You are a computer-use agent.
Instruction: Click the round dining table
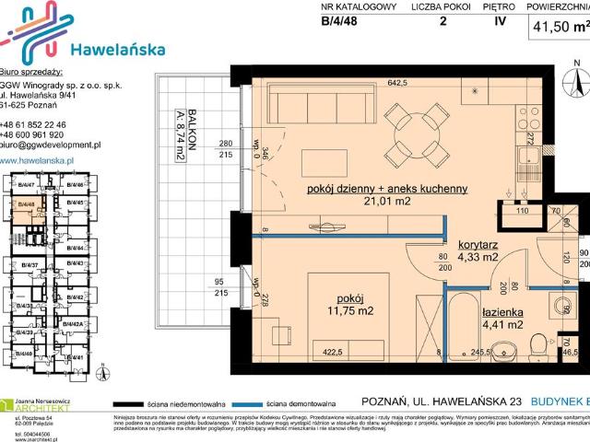tap(406, 131)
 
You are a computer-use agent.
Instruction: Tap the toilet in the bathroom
tap(502, 348)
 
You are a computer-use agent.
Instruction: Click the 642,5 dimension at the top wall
tap(396, 83)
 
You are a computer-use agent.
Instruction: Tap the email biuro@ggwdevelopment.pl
tap(51, 145)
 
